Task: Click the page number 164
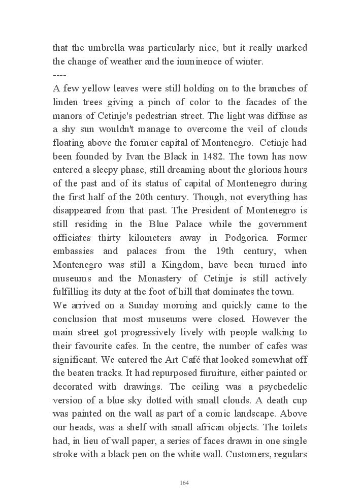click(x=184, y=482)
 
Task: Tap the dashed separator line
click(x=60, y=75)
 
